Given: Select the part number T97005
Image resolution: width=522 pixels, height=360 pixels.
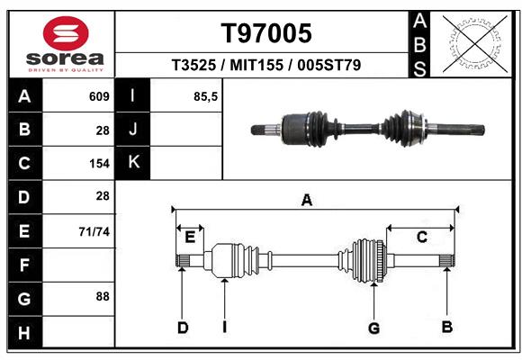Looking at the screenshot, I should (x=266, y=33).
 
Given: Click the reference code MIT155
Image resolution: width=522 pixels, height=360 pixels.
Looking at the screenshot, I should (x=266, y=66).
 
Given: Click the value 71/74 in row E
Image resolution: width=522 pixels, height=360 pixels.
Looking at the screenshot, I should (x=94, y=231).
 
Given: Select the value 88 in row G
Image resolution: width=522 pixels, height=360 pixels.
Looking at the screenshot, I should (x=102, y=296).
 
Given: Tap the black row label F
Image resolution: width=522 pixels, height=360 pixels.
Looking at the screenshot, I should (x=23, y=266).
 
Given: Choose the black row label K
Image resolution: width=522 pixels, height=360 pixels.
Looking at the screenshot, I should (x=133, y=163).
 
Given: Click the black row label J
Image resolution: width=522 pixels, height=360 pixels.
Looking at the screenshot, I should (x=133, y=130).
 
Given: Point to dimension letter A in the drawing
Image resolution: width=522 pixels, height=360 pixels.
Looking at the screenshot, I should (x=307, y=201).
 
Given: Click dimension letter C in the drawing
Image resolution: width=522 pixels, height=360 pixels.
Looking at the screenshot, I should (x=420, y=238).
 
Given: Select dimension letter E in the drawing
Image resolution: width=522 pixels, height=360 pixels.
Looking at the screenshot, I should (x=190, y=238).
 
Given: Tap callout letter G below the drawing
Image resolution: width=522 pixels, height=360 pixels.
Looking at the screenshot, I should (x=374, y=328).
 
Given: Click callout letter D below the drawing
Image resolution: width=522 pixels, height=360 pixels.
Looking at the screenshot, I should (x=182, y=328).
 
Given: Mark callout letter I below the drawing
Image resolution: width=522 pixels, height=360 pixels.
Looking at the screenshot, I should (x=223, y=328).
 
